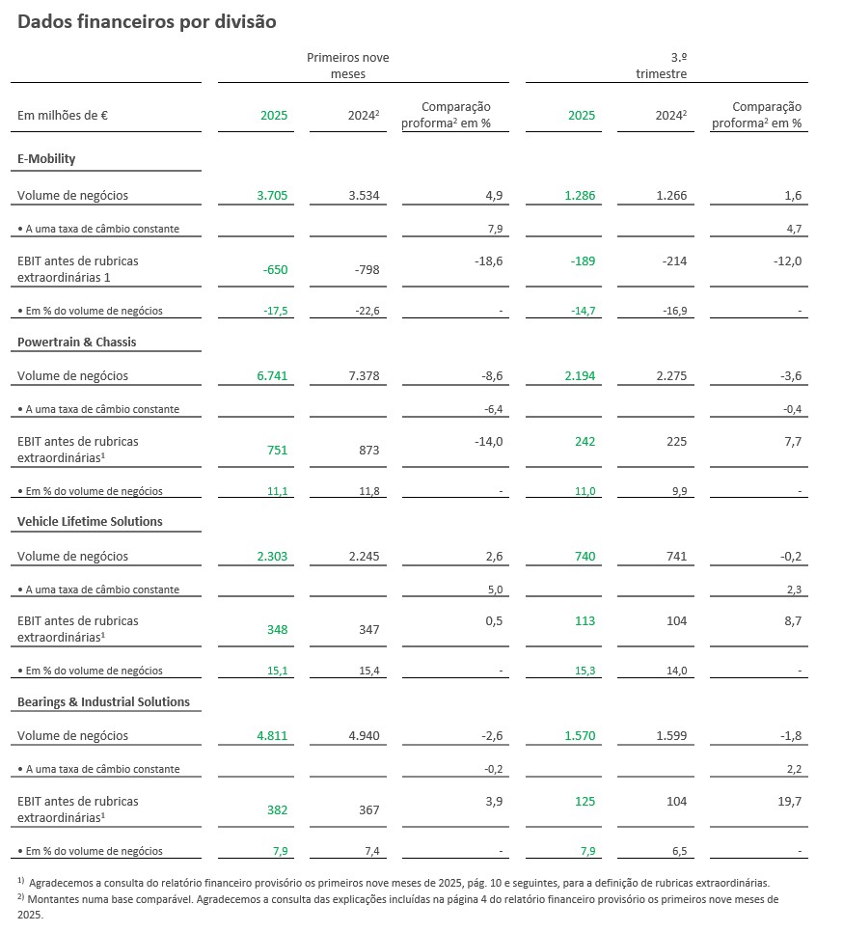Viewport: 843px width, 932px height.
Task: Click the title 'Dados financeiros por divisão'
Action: point(147,22)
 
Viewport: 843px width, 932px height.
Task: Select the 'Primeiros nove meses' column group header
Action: point(347,66)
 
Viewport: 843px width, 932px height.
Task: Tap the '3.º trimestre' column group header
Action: point(661,66)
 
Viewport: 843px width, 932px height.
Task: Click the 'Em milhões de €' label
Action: point(63,116)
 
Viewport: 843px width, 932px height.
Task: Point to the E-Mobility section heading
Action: point(46,158)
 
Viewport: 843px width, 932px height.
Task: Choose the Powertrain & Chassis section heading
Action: point(77,342)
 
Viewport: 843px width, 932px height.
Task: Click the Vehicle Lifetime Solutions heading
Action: point(90,521)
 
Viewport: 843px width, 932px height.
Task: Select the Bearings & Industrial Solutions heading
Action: point(103,701)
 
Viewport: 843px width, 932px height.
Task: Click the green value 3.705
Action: point(272,196)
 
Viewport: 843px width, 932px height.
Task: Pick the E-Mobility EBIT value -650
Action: point(275,270)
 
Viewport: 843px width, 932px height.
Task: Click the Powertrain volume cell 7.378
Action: point(364,375)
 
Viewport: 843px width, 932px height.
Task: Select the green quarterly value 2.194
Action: point(581,375)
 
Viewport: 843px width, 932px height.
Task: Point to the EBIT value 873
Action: point(368,451)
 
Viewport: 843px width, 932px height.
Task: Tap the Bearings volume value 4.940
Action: point(364,735)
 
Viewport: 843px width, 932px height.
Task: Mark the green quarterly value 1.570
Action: point(581,735)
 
